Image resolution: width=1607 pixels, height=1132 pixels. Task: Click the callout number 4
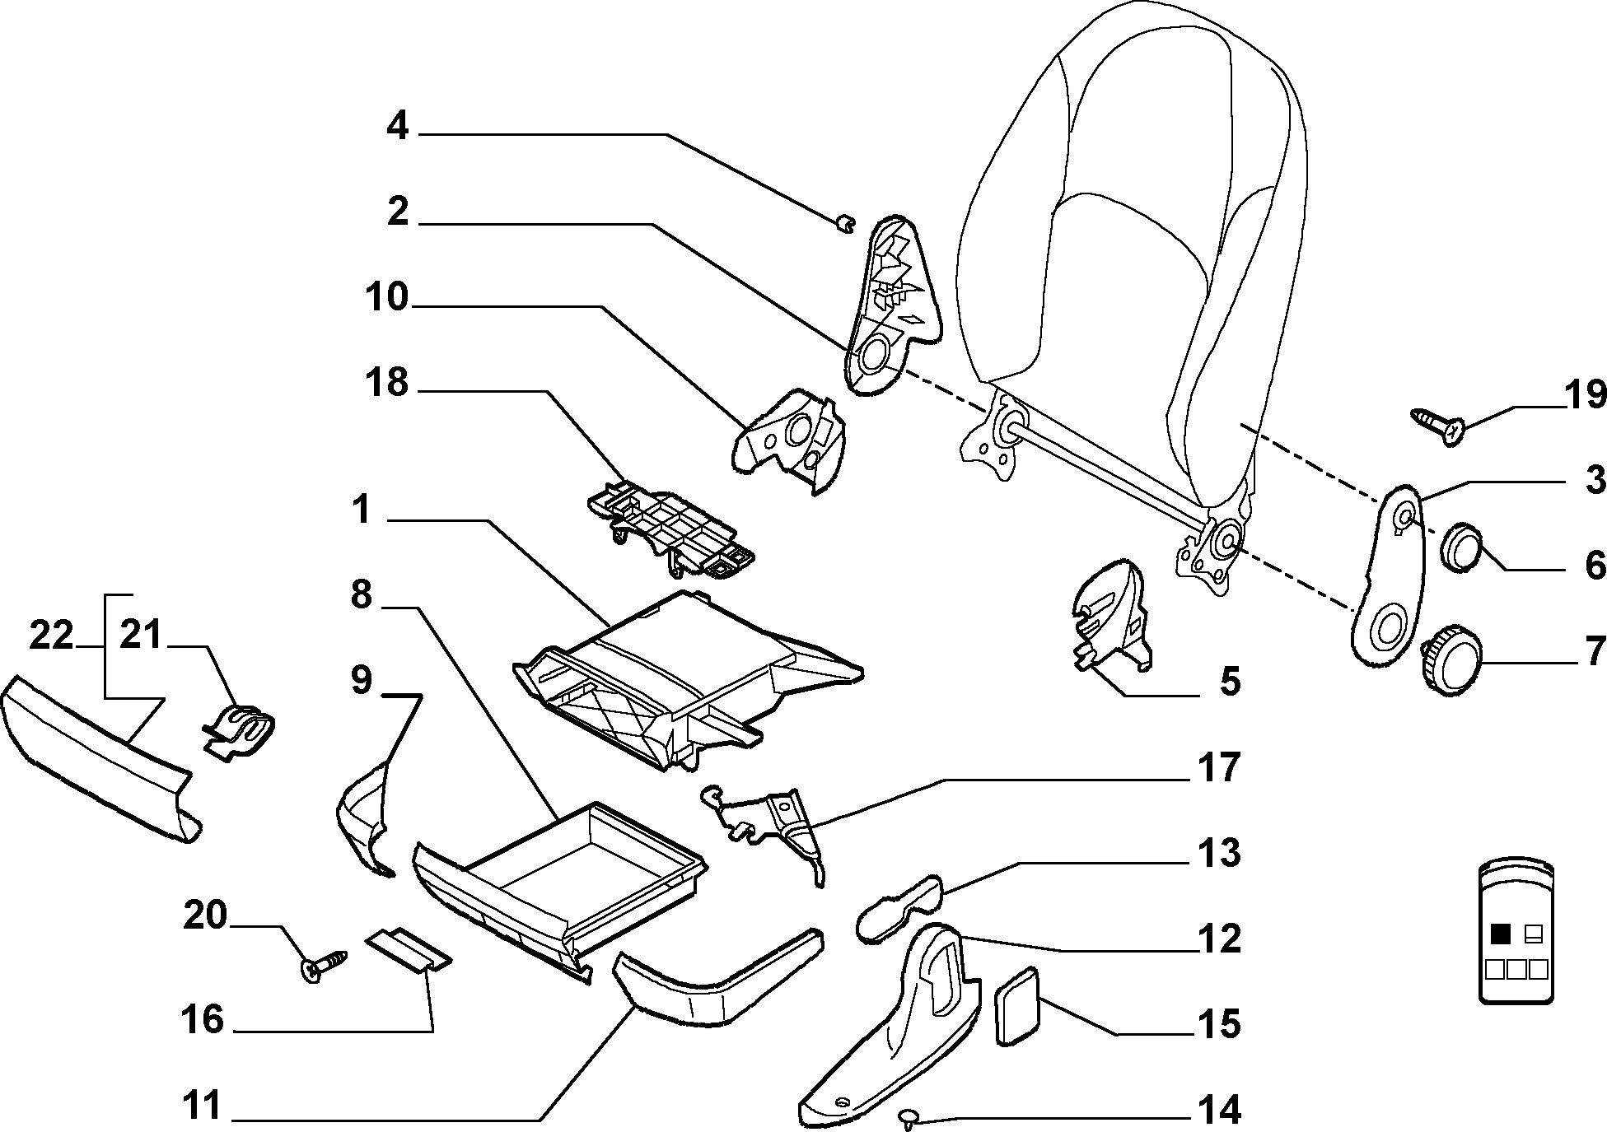398,128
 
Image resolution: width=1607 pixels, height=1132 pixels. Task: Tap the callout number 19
1584,397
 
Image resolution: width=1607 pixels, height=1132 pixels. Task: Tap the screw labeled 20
325,965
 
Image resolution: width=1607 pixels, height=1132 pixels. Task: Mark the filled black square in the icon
1501,934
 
